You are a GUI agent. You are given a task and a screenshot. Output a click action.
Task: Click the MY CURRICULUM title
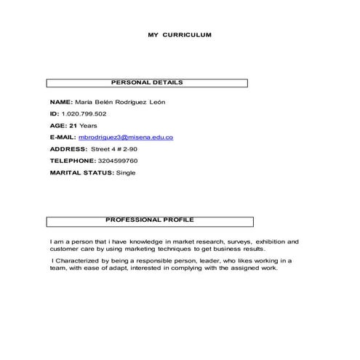coord(180,34)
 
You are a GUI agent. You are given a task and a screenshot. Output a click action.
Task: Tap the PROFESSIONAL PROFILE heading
coord(150,220)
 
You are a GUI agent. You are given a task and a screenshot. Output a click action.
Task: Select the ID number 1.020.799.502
coord(84,113)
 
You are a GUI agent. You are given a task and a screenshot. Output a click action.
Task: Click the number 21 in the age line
coord(73,125)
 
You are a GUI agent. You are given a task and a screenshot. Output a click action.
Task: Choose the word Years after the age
coord(89,125)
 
